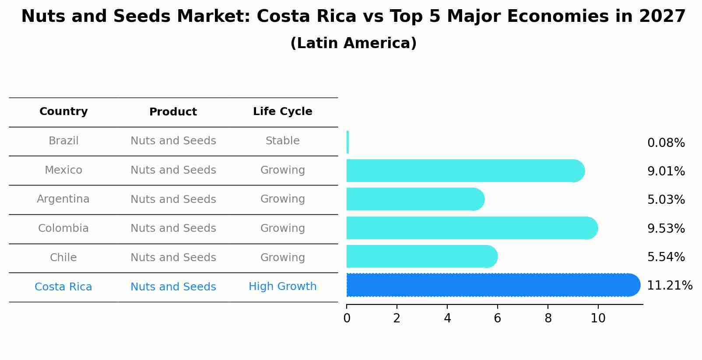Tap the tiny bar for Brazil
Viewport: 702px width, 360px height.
(x=347, y=142)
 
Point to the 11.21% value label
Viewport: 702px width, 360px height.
(x=669, y=286)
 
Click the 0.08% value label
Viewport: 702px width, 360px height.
(x=666, y=143)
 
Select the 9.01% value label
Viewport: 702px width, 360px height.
(x=666, y=171)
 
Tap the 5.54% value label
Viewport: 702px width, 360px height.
(x=666, y=257)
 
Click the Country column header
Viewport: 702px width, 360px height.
(x=63, y=112)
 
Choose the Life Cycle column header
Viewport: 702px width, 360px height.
(x=282, y=112)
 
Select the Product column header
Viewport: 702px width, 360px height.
(x=173, y=112)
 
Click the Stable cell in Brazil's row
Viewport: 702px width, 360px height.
(x=282, y=141)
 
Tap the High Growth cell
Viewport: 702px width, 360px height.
(x=282, y=287)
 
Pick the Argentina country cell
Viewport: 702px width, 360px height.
(x=63, y=199)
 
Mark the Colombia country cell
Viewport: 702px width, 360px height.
(x=63, y=228)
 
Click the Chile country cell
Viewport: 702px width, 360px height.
(x=63, y=258)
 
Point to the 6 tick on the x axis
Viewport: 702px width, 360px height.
(x=497, y=318)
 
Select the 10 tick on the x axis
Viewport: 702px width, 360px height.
(x=598, y=318)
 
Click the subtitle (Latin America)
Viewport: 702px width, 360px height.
(x=353, y=43)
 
